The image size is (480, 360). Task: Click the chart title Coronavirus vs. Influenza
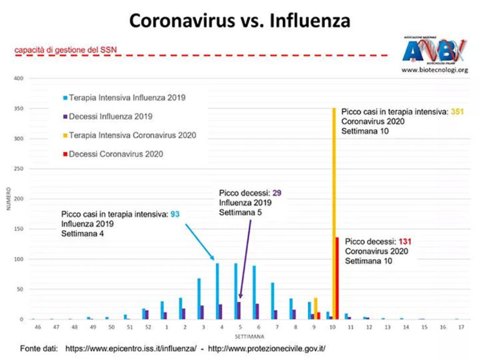tap(239, 21)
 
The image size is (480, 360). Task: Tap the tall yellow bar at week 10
tap(334, 212)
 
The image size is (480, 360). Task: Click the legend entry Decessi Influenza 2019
tap(111, 116)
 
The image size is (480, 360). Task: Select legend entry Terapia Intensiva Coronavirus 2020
tap(132, 135)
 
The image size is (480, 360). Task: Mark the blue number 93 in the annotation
tap(175, 214)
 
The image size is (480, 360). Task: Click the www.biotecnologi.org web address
tap(434, 70)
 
